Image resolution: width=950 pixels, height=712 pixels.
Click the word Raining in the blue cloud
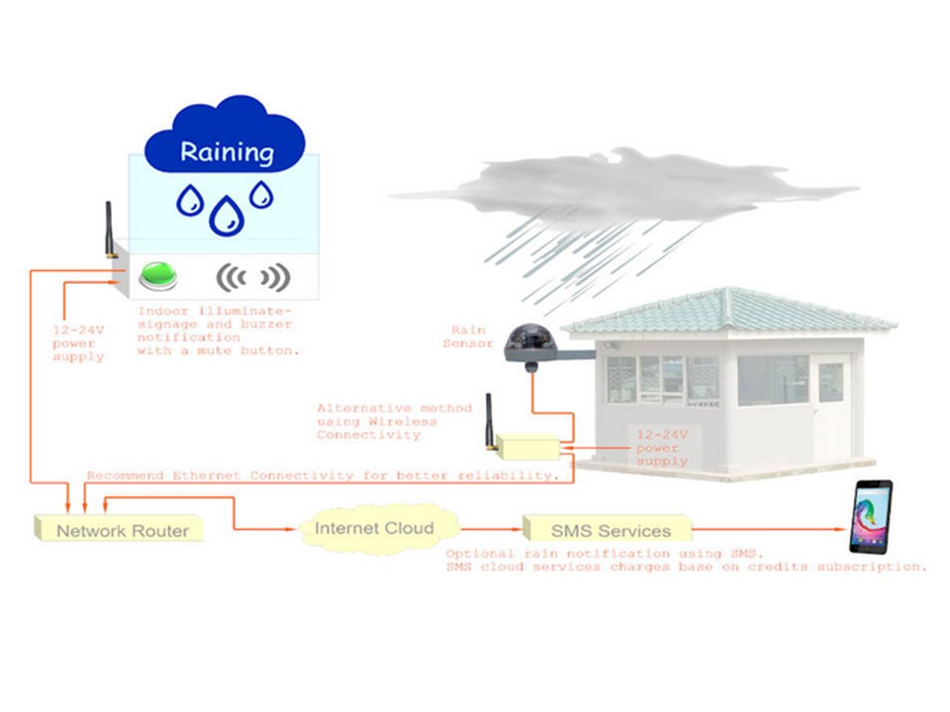pyautogui.click(x=226, y=152)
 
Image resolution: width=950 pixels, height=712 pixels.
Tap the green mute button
pyautogui.click(x=157, y=275)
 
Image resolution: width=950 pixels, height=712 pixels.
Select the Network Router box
pyautogui.click(x=121, y=529)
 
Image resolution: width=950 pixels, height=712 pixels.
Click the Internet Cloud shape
pyautogui.click(x=373, y=528)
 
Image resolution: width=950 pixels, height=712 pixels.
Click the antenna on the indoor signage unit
pyautogui.click(x=111, y=230)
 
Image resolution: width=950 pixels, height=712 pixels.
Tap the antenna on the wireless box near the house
pyautogui.click(x=487, y=415)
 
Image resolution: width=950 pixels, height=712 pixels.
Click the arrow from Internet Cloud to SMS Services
pyautogui.click(x=489, y=529)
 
